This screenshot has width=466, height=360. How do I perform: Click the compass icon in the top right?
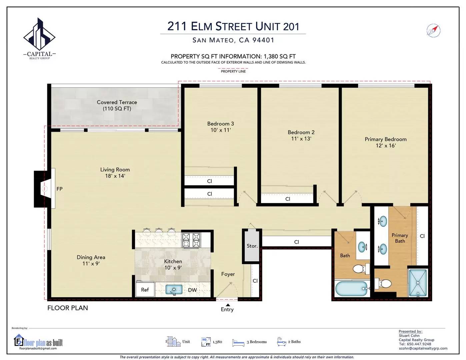(x=433, y=31)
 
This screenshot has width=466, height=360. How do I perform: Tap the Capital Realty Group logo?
(x=39, y=39)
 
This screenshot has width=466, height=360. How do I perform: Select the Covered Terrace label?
(x=117, y=105)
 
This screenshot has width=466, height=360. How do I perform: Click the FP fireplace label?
(x=59, y=189)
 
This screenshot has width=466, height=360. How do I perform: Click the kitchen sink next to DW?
(x=174, y=290)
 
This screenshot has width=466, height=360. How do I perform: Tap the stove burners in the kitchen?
(x=191, y=240)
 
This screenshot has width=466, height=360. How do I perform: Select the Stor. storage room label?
(x=252, y=246)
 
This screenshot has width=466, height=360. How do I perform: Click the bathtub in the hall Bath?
(x=352, y=288)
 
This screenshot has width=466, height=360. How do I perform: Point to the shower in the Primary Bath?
(x=418, y=283)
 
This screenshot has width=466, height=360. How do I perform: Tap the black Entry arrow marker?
(x=228, y=305)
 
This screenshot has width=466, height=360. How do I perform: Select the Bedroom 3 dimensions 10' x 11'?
(x=220, y=130)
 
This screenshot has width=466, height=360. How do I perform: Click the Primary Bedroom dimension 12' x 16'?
(x=386, y=146)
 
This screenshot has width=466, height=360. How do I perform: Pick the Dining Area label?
(x=91, y=257)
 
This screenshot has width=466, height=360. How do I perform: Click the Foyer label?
(x=228, y=274)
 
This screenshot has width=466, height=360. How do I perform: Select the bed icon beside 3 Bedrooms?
(x=238, y=342)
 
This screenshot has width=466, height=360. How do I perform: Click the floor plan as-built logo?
(x=38, y=342)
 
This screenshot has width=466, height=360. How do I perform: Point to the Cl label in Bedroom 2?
(x=288, y=199)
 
